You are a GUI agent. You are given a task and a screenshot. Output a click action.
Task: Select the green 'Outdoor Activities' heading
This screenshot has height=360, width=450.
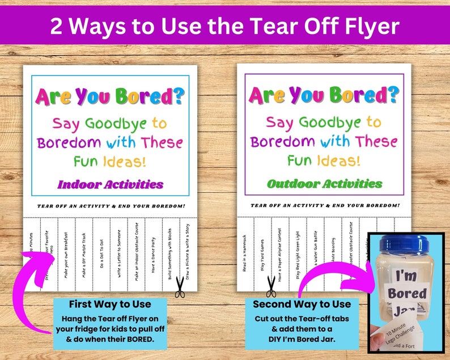tap(325, 184)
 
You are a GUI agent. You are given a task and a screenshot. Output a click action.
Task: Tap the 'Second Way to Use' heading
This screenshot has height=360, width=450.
tap(302, 304)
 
